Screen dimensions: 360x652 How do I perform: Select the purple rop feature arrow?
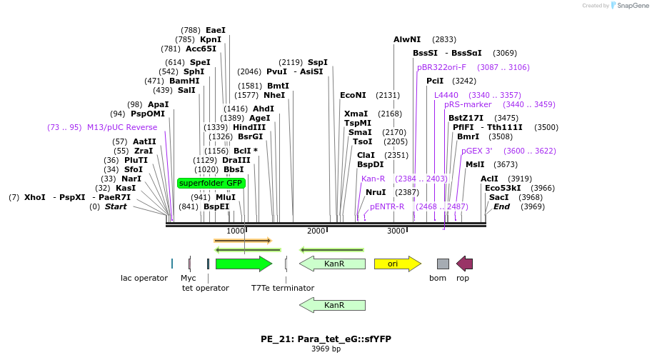point(464,264)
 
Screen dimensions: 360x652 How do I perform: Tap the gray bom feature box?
point(443,264)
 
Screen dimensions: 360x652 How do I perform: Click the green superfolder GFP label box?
point(211,183)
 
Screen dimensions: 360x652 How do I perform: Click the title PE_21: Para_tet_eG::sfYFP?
point(326,339)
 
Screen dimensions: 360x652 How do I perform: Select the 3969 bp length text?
point(326,349)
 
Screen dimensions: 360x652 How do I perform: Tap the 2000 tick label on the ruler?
point(316,231)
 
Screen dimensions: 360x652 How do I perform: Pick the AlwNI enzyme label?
point(407,39)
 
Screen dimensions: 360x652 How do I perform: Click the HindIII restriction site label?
point(249,127)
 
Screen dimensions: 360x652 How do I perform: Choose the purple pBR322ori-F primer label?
point(441,67)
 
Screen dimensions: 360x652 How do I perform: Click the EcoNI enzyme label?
point(353,95)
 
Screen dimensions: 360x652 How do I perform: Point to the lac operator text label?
point(144,278)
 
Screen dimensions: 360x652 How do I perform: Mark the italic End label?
point(501,206)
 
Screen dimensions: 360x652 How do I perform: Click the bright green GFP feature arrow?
point(244,264)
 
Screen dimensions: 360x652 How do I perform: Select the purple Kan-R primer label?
point(373,179)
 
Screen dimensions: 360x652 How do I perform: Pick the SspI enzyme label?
point(317,62)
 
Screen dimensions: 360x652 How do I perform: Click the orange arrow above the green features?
point(242,241)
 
